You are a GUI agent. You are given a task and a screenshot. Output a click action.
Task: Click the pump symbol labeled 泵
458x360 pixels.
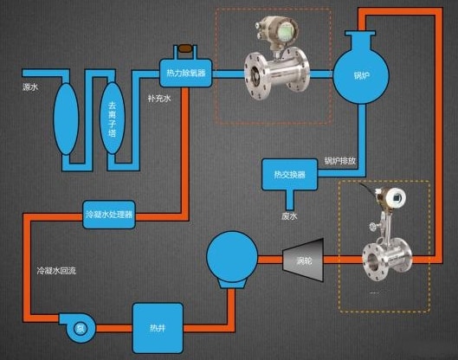[79, 327]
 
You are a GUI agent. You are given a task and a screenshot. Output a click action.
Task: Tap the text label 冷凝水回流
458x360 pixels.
[56, 272]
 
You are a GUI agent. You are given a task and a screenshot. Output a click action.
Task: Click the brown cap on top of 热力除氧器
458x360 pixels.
[184, 48]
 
